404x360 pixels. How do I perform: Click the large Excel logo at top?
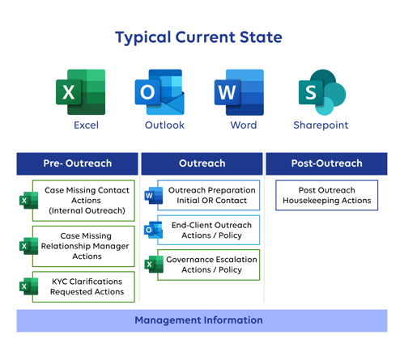click(80, 92)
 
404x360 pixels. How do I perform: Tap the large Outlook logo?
click(159, 92)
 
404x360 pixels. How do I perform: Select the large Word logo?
click(239, 92)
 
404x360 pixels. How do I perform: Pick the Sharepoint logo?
click(321, 92)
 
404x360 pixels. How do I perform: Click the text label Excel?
click(86, 125)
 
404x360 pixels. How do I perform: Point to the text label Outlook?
click(164, 125)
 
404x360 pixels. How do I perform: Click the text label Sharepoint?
click(321, 125)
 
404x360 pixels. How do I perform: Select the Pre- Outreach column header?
click(78, 163)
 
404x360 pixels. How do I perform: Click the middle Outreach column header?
click(202, 163)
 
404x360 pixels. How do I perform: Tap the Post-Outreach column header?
click(326, 163)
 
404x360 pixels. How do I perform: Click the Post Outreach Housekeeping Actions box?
click(326, 195)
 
